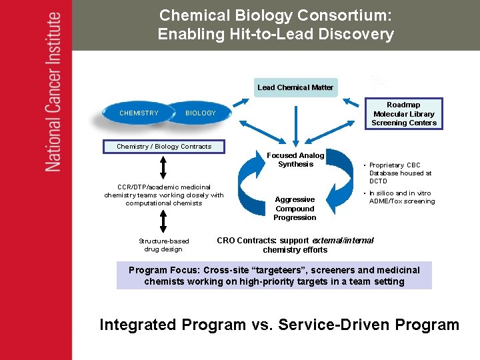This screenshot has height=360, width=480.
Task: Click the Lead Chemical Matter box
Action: point(295,87)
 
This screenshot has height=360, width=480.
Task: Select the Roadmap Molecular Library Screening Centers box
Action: point(403,114)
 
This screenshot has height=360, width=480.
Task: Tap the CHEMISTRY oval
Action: point(139,113)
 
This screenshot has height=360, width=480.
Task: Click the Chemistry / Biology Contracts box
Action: point(164,147)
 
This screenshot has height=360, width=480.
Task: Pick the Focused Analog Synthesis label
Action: point(295,160)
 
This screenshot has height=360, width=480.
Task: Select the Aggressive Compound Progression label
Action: point(295,208)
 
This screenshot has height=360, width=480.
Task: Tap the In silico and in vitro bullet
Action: point(401,197)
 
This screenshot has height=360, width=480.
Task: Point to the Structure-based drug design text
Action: point(164,245)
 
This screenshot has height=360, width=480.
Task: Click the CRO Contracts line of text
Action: point(295,245)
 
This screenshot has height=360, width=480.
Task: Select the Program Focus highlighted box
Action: point(274,275)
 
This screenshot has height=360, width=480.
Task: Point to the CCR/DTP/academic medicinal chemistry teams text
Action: point(164,195)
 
